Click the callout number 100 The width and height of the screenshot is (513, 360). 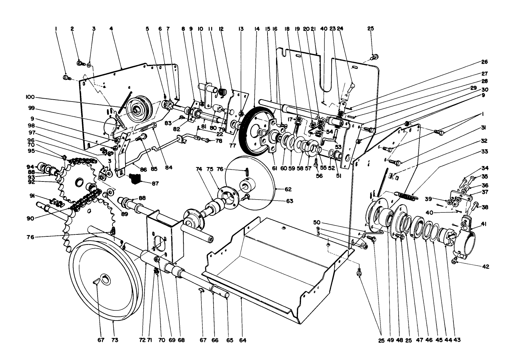30,97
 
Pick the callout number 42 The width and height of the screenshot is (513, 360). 486,267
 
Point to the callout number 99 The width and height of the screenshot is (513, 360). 30,108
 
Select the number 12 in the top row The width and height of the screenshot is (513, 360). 221,29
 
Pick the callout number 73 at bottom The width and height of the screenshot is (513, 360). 113,340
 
